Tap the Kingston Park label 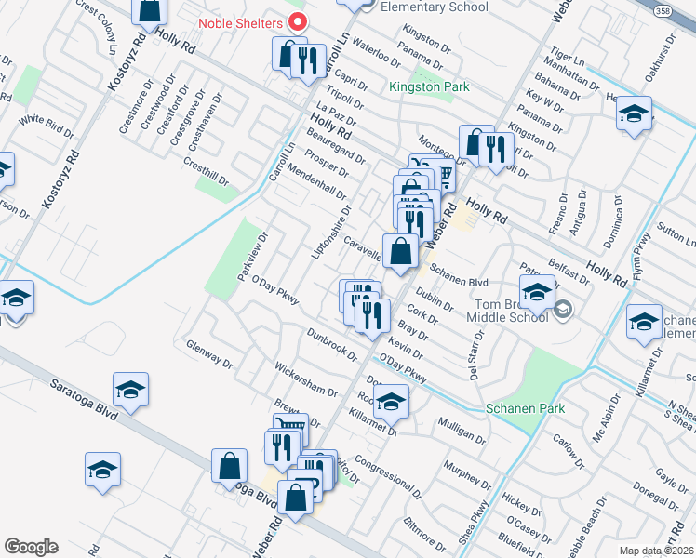coord(430,87)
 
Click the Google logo coord(31,547)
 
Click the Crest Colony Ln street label coord(97,24)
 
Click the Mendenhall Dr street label coord(316,182)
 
